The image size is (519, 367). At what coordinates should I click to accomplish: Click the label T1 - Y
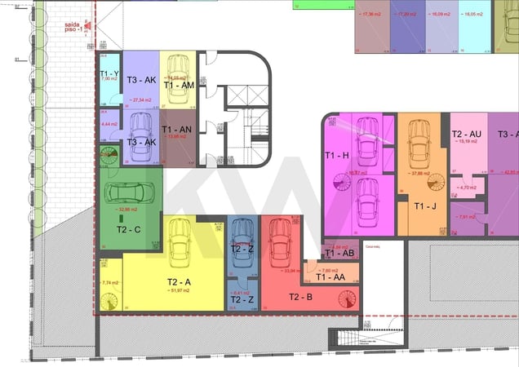tap(110, 72)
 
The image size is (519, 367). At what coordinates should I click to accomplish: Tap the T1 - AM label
tap(178, 85)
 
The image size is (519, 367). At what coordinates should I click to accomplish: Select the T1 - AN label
tap(176, 129)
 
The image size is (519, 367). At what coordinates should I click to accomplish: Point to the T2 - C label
tap(129, 229)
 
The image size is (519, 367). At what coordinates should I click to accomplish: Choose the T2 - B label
tap(298, 297)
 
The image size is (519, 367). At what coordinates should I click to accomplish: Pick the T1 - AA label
tap(330, 277)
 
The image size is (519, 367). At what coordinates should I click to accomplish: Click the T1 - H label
tap(336, 155)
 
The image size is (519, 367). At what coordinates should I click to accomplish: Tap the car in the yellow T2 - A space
tap(179, 241)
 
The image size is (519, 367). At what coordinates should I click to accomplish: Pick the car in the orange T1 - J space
tap(419, 143)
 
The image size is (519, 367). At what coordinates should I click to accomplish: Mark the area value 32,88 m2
tap(128, 210)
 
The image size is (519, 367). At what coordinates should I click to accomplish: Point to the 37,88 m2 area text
tap(421, 173)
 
